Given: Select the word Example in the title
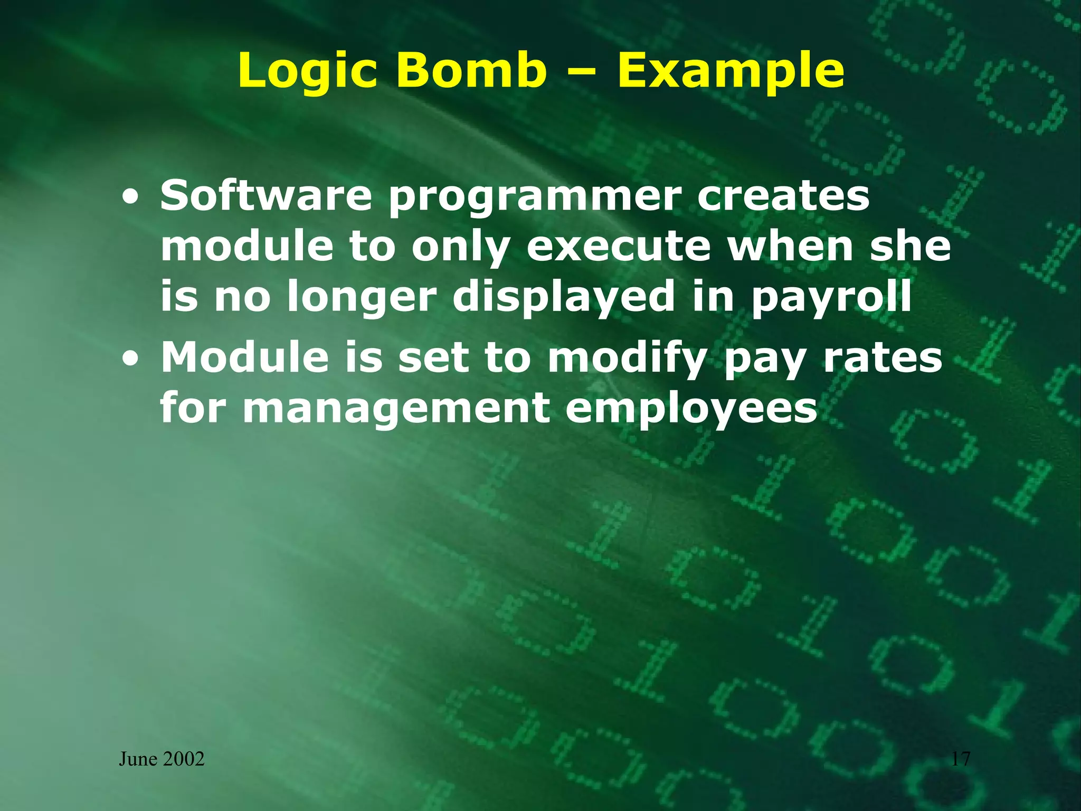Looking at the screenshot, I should [x=731, y=71].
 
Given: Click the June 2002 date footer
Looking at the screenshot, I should [x=162, y=759].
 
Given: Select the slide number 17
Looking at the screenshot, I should [x=961, y=759].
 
